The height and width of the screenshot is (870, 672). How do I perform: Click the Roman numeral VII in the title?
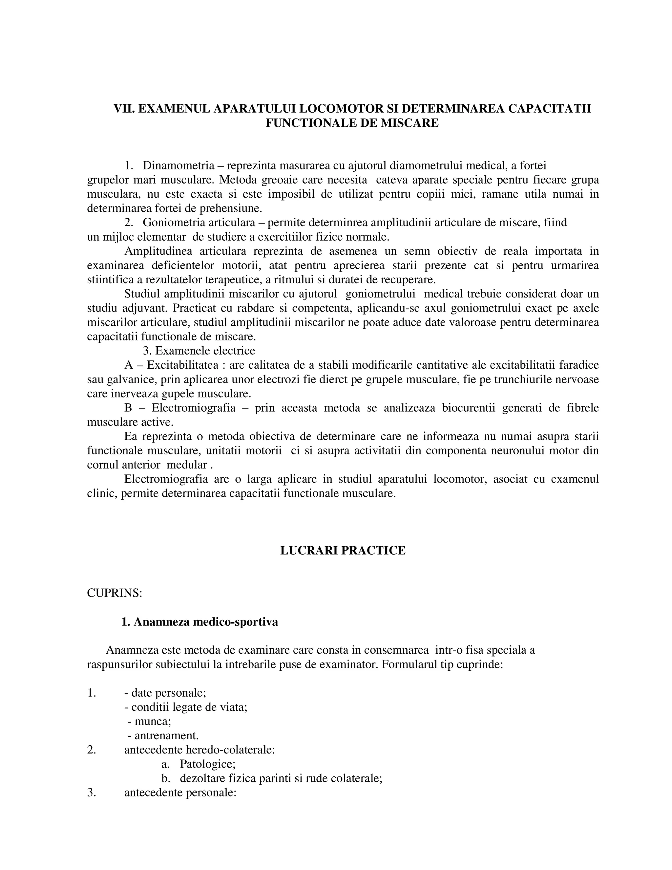[x=123, y=109]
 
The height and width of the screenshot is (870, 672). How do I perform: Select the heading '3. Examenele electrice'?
[x=199, y=351]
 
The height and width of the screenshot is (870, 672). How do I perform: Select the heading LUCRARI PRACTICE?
[x=343, y=551]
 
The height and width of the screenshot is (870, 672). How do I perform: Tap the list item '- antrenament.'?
[x=163, y=735]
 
